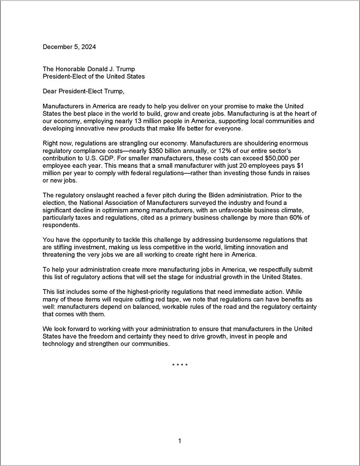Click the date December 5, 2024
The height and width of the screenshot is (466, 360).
pyautogui.click(x=69, y=47)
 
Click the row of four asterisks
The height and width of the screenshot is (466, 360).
pyautogui.click(x=180, y=366)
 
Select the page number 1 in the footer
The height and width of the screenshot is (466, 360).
pyautogui.click(x=180, y=441)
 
